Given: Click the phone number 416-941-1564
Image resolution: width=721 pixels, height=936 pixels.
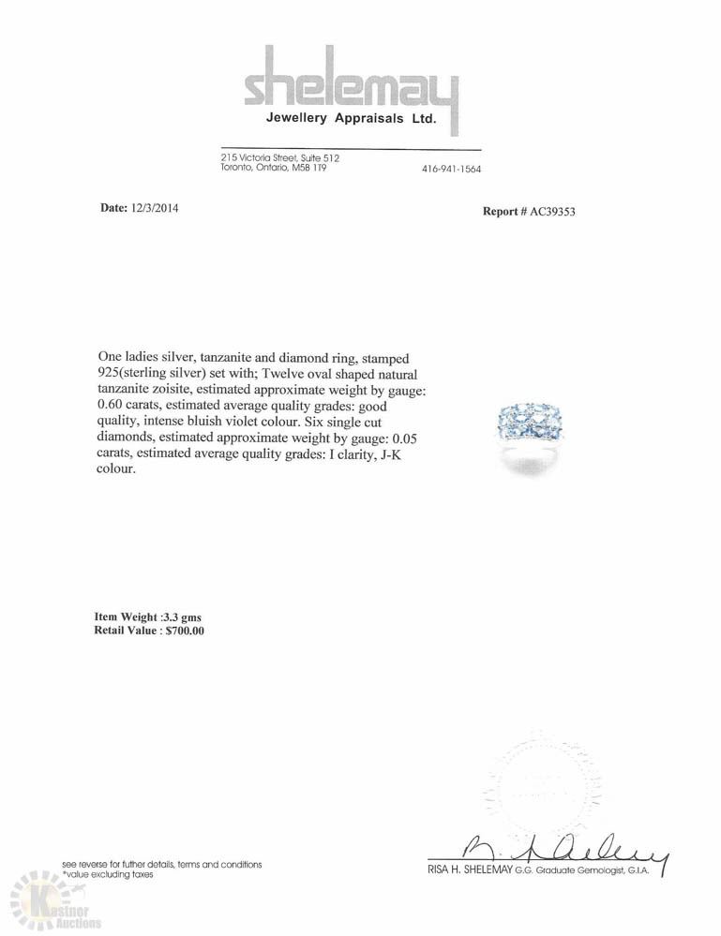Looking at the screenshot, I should coord(453,169).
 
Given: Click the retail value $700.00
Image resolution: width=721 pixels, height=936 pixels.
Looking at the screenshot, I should coord(184,631).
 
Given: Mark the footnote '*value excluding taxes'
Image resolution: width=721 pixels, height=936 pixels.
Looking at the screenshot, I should coord(108,874).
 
